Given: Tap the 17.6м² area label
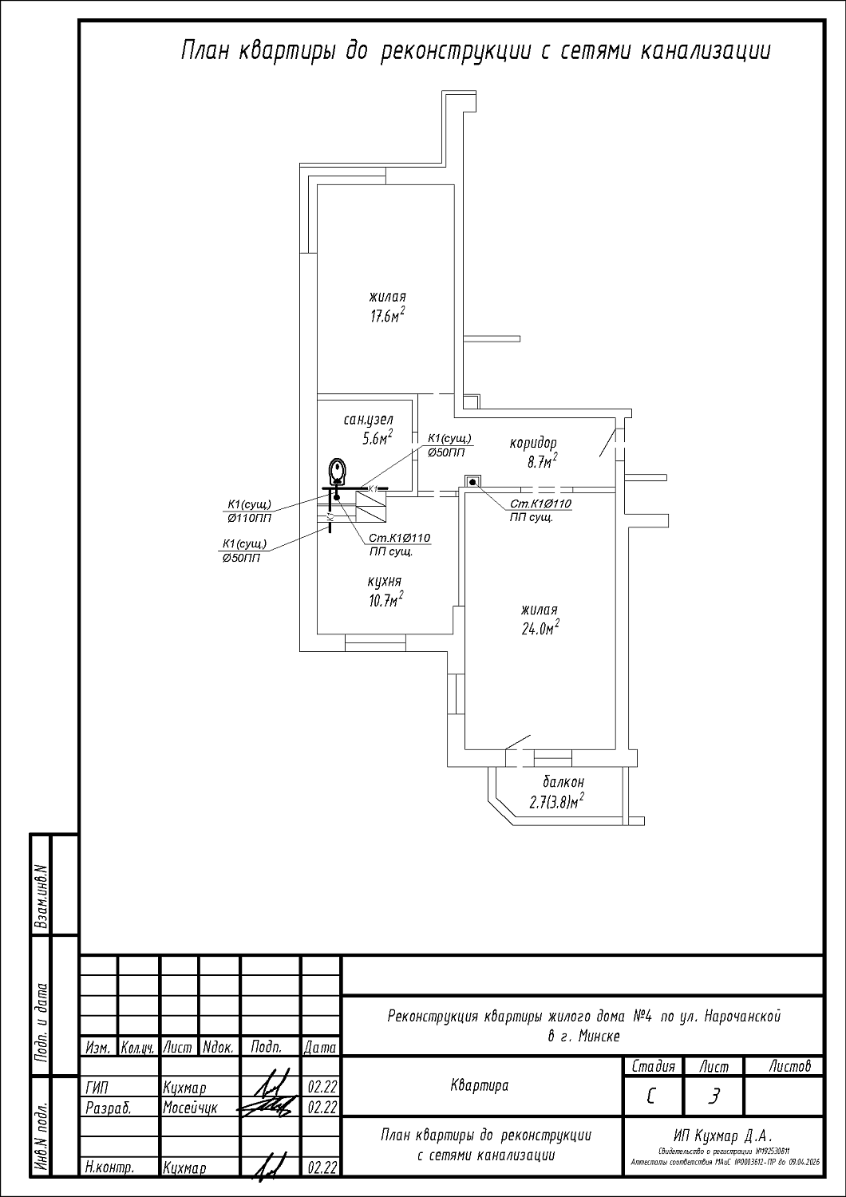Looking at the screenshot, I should click(387, 315).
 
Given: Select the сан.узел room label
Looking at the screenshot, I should click(369, 420).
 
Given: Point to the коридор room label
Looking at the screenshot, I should click(533, 443).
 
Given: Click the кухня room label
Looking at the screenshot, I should click(385, 582).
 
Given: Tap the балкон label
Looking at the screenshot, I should click(563, 782).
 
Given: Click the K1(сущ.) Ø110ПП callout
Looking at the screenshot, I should click(249, 511).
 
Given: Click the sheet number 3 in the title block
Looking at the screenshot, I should click(714, 1099).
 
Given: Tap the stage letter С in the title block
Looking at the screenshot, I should click(652, 1099).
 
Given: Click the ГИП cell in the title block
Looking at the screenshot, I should click(96, 1088).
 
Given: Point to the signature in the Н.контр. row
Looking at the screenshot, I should click(269, 1167).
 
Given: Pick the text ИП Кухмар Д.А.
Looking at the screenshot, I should click(723, 1136).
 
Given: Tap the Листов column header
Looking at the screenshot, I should click(790, 1066).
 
